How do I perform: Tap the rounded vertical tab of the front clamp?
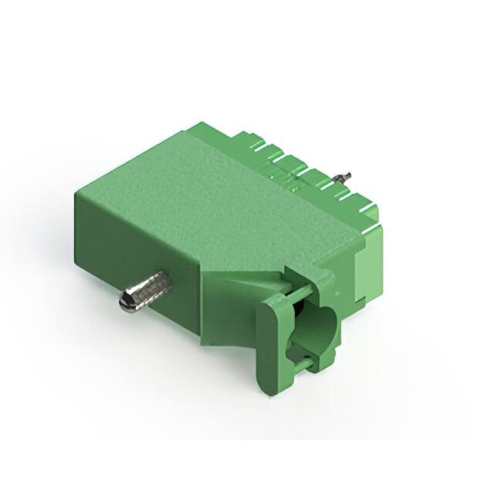pyautogui.click(x=270, y=347)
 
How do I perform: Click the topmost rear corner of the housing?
pyautogui.click(x=202, y=123)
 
